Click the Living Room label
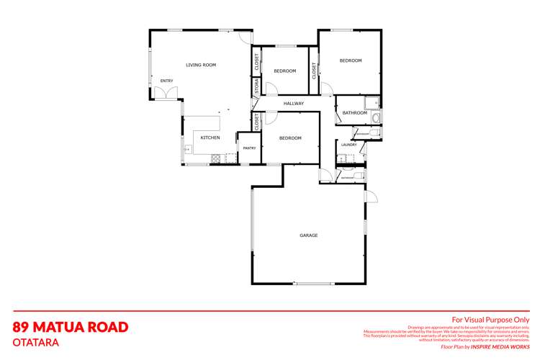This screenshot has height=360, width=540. [201, 66]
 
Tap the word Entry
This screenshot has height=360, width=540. [166, 81]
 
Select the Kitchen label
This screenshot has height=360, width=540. [210, 138]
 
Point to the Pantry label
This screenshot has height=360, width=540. [249, 148]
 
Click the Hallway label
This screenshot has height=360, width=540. [294, 104]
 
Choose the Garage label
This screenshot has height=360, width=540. [309, 235]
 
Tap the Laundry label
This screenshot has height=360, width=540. [349, 145]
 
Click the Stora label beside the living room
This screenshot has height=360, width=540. [256, 87]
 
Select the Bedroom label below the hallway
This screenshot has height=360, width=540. [289, 138]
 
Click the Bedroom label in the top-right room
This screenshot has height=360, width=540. [351, 60]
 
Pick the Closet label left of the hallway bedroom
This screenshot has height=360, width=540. [256, 122]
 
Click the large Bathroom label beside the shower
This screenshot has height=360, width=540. [354, 113]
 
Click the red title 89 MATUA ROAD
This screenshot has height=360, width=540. [71, 328]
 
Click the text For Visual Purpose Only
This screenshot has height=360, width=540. [490, 319]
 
